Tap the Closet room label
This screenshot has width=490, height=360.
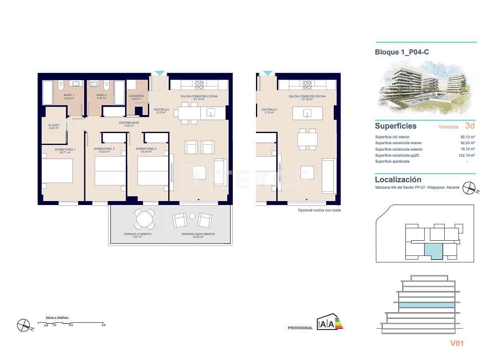point(54,127)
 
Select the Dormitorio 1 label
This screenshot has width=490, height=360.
point(65,151)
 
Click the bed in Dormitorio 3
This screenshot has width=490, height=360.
point(153,171)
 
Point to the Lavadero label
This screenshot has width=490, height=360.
point(136,97)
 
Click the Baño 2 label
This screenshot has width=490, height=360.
point(101,97)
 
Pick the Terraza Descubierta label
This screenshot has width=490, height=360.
point(198,235)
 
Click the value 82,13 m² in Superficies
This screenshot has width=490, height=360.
point(468,137)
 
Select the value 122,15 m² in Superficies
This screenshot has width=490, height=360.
point(467,155)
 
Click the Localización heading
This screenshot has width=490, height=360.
point(398,180)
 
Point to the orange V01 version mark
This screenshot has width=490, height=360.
point(457,343)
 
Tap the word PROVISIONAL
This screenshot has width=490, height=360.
point(300,328)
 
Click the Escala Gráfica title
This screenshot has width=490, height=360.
point(57,318)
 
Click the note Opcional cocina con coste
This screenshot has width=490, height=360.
point(319,210)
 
